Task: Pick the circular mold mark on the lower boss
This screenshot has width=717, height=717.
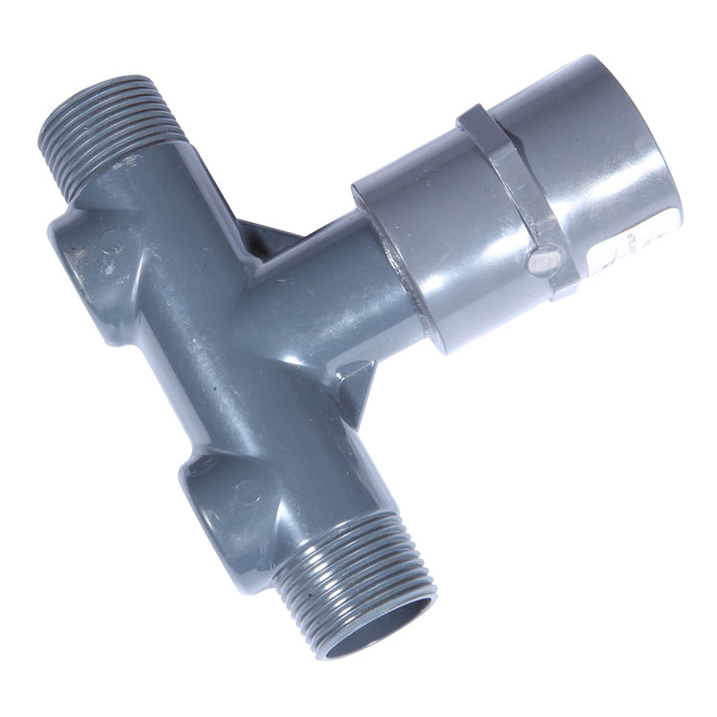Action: (x=247, y=491)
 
